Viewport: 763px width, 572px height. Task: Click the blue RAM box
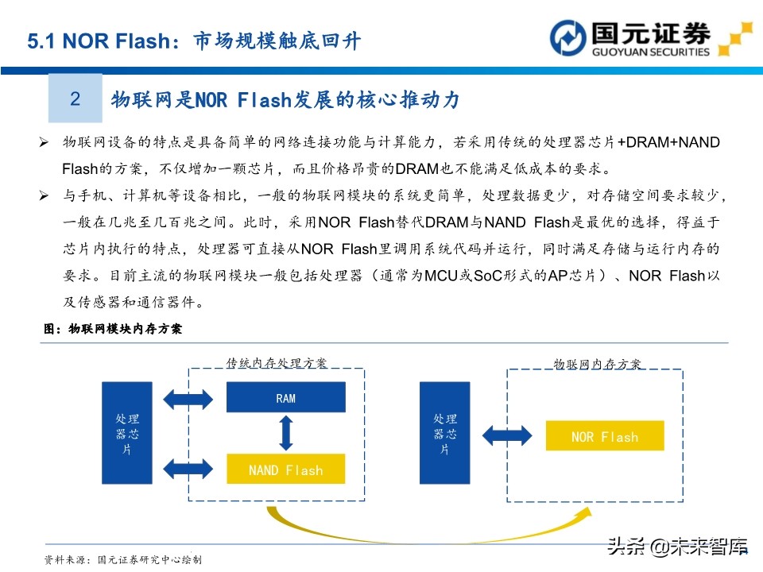click(x=286, y=397)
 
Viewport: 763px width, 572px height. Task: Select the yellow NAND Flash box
click(x=286, y=469)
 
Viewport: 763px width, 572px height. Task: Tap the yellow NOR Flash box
click(x=604, y=436)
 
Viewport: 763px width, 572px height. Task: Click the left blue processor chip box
click(x=127, y=434)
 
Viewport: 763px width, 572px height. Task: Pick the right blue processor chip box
click(x=444, y=434)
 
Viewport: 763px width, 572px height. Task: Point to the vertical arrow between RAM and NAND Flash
click(x=286, y=433)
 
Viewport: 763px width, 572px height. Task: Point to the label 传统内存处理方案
click(x=276, y=363)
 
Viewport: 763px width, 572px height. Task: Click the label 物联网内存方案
click(x=598, y=364)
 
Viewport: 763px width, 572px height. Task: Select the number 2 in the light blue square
click(x=76, y=99)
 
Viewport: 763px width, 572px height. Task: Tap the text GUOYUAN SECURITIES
click(x=651, y=52)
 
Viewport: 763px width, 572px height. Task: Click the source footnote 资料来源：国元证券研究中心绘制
click(x=123, y=559)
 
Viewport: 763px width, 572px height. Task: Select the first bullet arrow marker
click(x=45, y=142)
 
